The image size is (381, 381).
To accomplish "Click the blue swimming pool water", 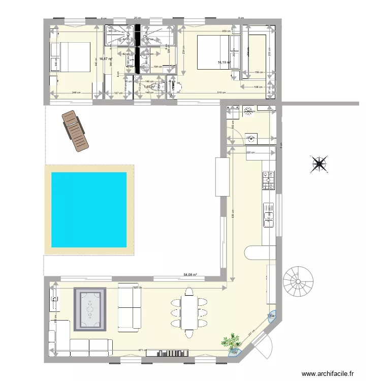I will (x=89, y=210).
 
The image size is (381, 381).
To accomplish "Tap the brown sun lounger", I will (x=75, y=131).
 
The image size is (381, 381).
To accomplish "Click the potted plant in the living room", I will (x=233, y=341).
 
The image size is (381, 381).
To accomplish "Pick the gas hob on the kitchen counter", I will (x=267, y=180).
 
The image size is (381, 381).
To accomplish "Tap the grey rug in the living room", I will (x=90, y=309).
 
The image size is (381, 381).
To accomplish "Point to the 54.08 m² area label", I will (x=190, y=275).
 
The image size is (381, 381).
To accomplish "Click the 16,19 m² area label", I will (x=224, y=62).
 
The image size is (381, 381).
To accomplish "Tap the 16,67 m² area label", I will (x=106, y=59).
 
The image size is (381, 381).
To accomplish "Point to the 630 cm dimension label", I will (x=232, y=216).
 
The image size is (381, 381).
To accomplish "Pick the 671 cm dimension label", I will (x=142, y=350).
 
